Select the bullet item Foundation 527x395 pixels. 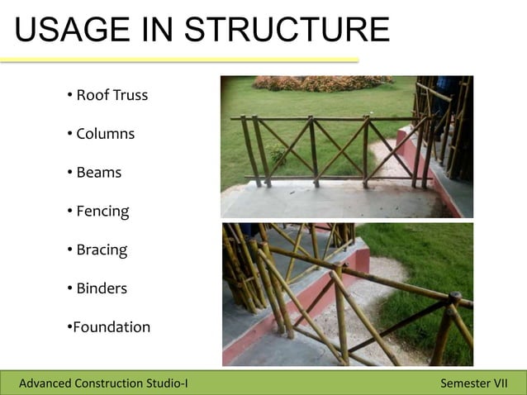click(108, 327)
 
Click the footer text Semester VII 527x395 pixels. click(474, 383)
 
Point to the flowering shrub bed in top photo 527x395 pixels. click(322, 83)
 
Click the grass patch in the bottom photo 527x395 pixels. click(430, 256)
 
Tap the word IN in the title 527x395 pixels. click(159, 31)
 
